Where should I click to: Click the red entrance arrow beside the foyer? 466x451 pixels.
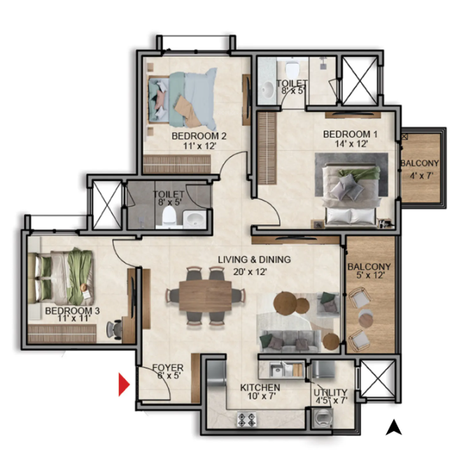tap(123, 385)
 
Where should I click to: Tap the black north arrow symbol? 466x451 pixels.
tap(394, 427)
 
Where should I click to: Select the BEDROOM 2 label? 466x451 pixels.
tap(199, 136)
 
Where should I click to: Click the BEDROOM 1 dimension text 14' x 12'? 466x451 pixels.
tap(351, 144)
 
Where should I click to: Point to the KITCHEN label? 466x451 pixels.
tap(260, 387)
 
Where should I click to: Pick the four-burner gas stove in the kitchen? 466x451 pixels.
tap(246, 419)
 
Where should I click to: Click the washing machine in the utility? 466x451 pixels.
tap(323, 417)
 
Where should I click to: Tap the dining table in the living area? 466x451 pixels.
tap(205, 295)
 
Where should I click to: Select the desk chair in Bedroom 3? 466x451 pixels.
tap(115, 329)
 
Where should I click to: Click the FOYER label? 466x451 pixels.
tap(168, 368)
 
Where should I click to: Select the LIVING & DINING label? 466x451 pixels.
tap(255, 259)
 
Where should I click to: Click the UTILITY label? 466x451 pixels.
tap(330, 392)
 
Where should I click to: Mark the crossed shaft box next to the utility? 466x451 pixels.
tap(377, 381)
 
